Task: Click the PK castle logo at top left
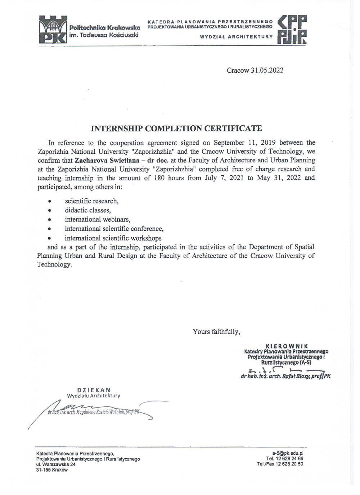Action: [53, 30]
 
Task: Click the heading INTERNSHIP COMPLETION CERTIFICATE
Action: [176, 129]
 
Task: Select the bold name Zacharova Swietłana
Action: [104, 160]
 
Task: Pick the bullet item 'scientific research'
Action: [91, 201]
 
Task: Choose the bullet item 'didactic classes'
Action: [87, 210]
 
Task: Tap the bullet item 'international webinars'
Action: [97, 219]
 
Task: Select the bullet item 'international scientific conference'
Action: [114, 229]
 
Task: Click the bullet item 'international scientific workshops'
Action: [113, 238]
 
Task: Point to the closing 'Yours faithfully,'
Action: [216, 332]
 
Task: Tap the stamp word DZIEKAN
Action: [94, 390]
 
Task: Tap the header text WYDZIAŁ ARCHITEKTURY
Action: [236, 37]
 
